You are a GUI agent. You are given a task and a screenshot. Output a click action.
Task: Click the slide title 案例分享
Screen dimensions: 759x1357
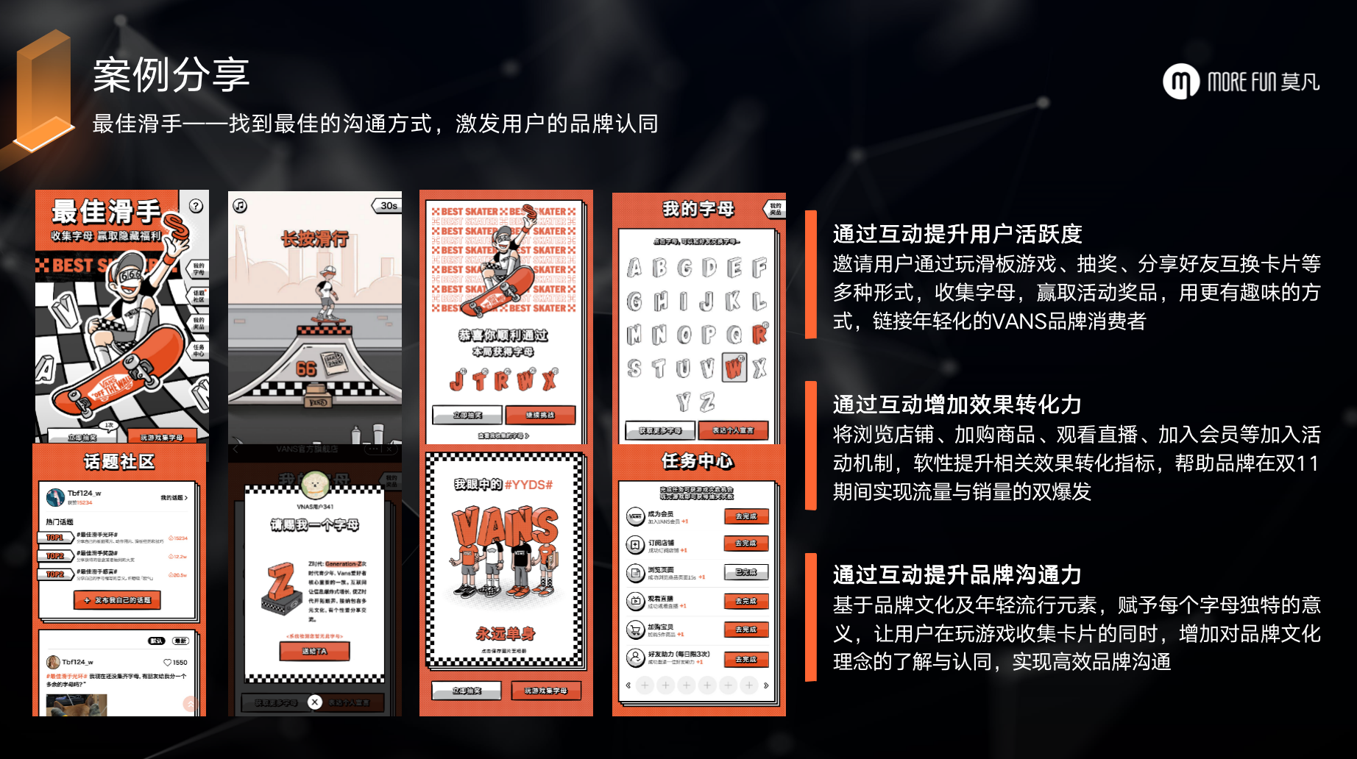point(171,75)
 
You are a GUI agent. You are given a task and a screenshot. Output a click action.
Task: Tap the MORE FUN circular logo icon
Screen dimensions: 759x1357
point(1180,81)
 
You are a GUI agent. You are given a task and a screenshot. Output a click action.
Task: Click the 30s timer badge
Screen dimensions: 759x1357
point(388,206)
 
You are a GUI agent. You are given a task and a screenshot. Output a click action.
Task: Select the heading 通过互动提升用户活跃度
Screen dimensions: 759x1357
point(957,234)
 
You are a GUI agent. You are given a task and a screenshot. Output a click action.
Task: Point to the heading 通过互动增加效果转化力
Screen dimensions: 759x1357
point(957,405)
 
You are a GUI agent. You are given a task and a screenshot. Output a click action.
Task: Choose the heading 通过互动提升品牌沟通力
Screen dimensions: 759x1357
point(957,574)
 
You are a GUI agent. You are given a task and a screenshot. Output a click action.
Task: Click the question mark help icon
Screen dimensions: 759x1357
point(196,206)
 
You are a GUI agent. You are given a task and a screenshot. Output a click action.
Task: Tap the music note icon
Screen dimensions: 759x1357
point(240,206)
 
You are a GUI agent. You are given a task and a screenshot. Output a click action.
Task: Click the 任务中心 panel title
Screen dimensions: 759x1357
point(697,461)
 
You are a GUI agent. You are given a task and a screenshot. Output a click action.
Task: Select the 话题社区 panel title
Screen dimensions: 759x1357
point(119,462)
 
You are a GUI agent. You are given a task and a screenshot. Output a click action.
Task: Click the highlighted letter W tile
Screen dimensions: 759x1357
point(734,367)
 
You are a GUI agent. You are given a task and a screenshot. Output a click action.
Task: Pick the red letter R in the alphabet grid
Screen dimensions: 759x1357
point(759,335)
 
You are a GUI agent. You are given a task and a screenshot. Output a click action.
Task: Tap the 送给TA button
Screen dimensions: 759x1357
point(314,652)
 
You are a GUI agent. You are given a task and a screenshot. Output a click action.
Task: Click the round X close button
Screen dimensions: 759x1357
point(315,702)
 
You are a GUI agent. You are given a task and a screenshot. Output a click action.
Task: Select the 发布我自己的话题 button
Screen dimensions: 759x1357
point(118,600)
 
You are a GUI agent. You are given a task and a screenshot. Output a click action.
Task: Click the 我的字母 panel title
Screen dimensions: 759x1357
point(698,210)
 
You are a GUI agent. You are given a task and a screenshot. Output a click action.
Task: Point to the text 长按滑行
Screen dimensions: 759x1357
point(315,238)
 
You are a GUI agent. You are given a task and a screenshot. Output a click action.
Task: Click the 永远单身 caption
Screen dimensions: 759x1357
point(506,633)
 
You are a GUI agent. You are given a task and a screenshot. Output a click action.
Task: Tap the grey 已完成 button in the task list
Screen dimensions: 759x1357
point(745,572)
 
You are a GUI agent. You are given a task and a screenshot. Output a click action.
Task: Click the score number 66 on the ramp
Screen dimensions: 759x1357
point(306,368)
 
